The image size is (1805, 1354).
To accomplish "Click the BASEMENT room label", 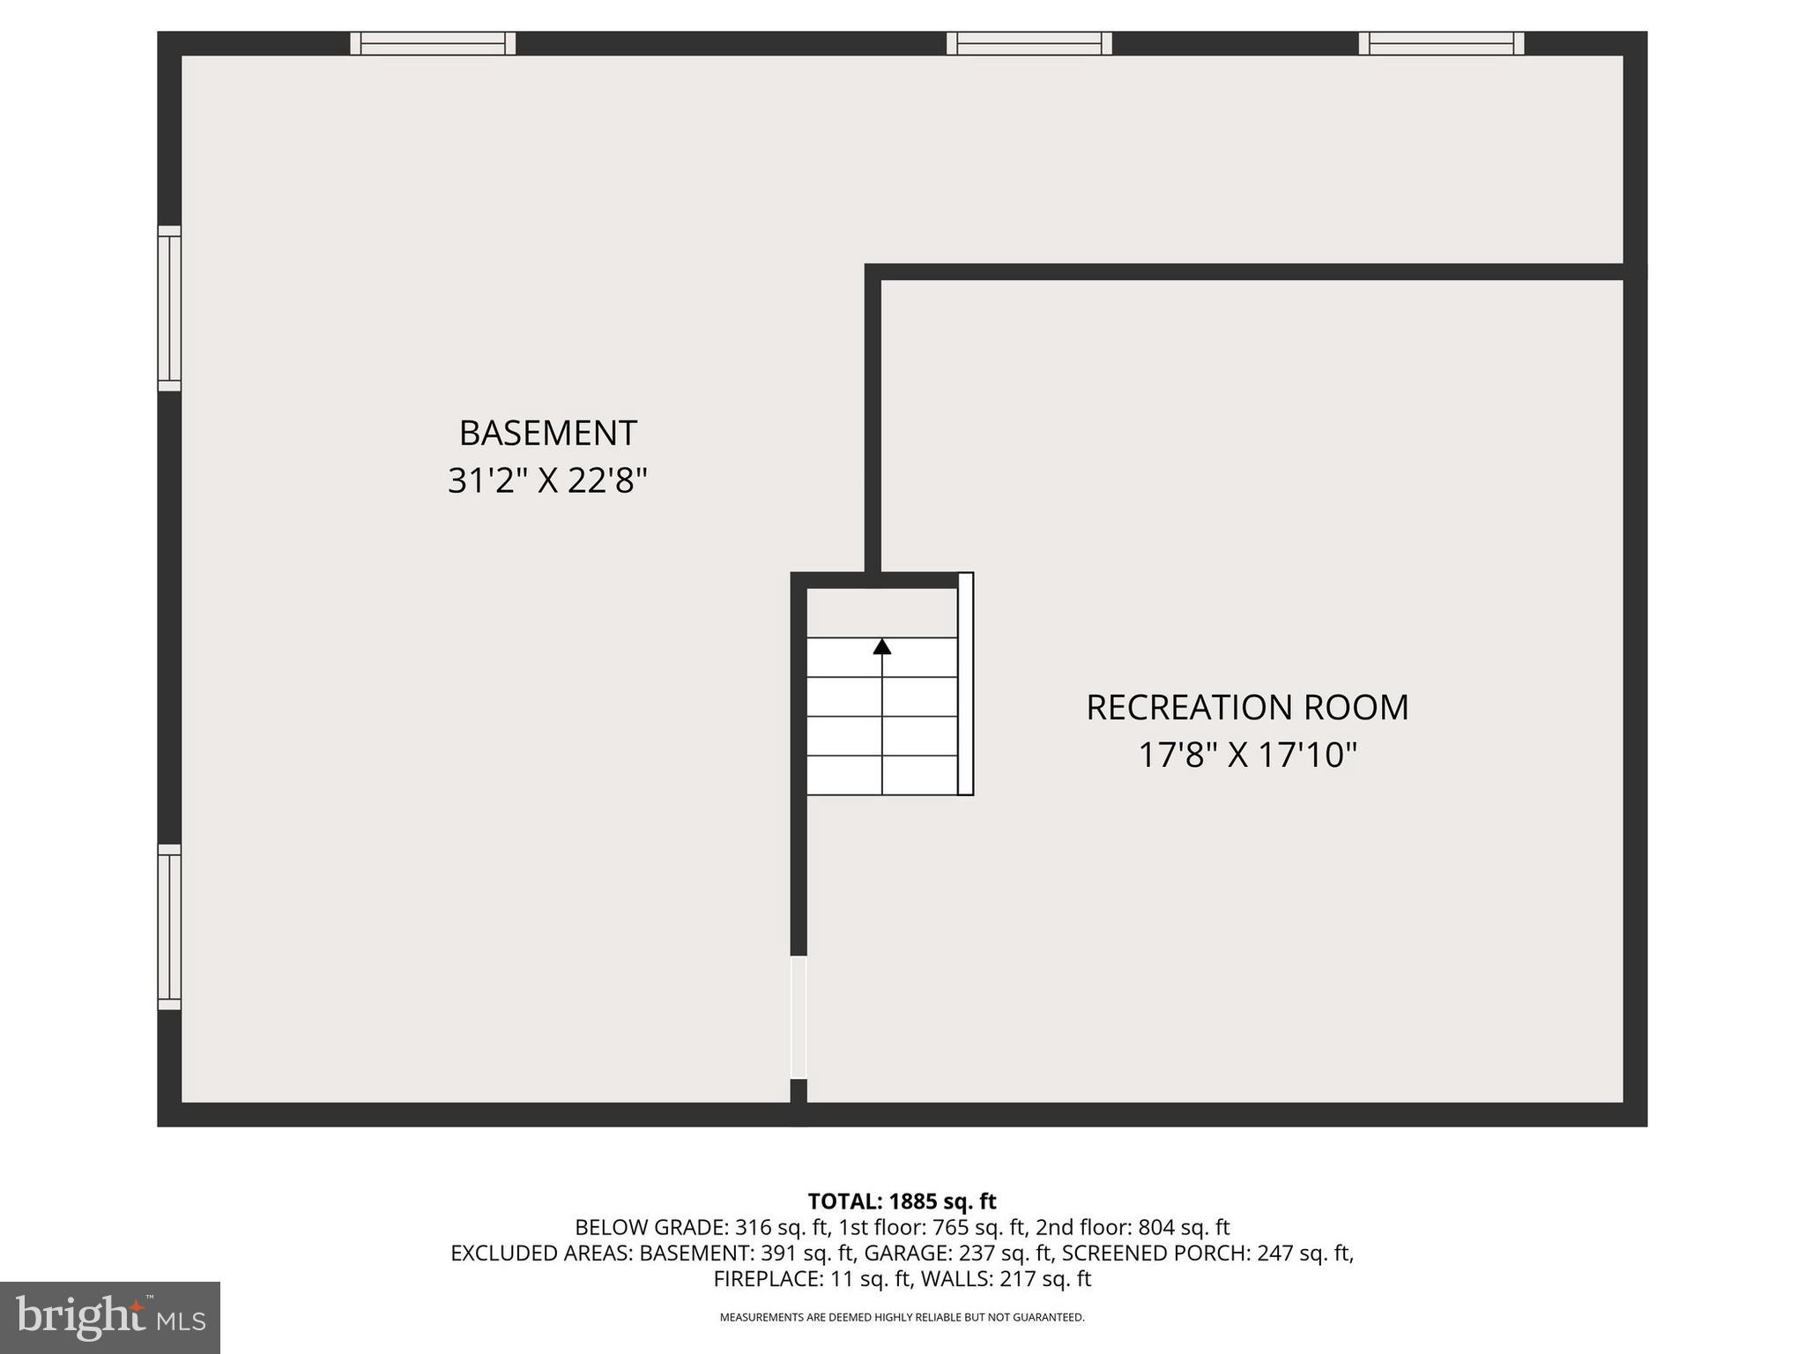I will coord(547,433).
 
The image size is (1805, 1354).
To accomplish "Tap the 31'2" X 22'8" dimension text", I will coord(547,481).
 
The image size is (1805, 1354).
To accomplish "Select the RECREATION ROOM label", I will coord(1247,707).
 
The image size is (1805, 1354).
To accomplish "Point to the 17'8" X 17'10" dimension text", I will coord(1247,755).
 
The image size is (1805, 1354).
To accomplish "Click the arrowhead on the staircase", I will coord(882,647).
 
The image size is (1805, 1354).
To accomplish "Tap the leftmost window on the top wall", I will coord(433,43).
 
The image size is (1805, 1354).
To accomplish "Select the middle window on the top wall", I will coord(1029,43).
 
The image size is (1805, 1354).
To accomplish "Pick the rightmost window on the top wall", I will coord(1441,43).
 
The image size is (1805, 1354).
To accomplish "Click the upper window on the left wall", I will coord(169,309).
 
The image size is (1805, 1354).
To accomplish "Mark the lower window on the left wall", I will coord(169,927).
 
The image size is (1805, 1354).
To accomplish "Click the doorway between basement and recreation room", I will coord(799,1017).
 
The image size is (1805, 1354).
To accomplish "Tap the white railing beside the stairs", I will coord(966,684).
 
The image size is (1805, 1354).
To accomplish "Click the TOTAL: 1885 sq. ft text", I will coord(902,1201).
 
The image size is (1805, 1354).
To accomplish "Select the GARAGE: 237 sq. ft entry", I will coord(959,1253).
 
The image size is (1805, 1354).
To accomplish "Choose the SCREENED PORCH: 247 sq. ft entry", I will coord(1207,1253).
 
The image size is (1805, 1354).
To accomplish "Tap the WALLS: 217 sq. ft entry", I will coord(1006,1278).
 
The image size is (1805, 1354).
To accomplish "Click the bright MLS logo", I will coord(110,1317).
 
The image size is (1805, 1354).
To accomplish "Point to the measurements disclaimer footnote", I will coord(902,1318).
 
